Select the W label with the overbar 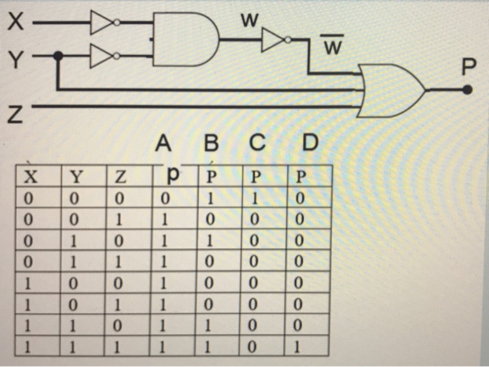pos(333,48)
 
